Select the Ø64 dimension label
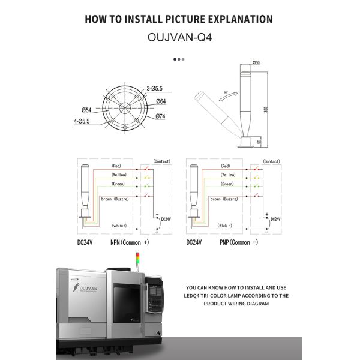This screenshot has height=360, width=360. coord(161,101)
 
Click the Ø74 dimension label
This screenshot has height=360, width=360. coord(161,116)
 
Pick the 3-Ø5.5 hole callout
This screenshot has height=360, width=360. coord(155,88)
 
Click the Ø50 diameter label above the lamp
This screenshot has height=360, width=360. coord(256,62)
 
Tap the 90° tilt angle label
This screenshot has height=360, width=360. coord(226,92)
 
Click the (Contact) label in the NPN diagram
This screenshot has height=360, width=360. coord(162,162)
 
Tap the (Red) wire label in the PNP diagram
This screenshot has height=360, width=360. coord(226,166)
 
